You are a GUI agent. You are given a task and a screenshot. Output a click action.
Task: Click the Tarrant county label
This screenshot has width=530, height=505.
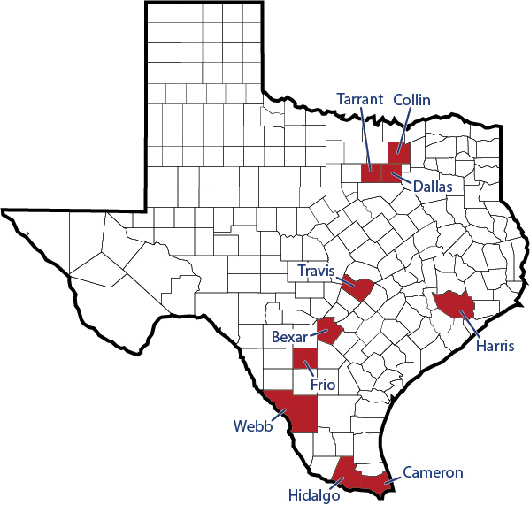click(360, 100)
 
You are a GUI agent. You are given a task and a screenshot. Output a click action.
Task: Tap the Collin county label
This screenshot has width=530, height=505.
click(411, 100)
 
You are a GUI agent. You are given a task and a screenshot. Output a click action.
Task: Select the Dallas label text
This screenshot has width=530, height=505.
click(432, 187)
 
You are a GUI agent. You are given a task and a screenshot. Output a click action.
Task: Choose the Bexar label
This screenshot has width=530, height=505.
click(288, 337)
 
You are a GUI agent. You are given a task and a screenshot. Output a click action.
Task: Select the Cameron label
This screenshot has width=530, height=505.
click(433, 473)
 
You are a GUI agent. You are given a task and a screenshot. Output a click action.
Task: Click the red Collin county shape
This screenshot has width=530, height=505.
click(399, 151)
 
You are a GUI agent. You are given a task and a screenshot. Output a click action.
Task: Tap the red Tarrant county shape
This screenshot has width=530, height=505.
click(371, 172)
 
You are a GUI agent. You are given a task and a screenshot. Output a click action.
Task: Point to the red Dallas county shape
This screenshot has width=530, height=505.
click(390, 172)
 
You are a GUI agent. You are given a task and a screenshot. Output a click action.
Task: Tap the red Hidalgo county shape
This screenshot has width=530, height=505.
click(348, 473)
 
